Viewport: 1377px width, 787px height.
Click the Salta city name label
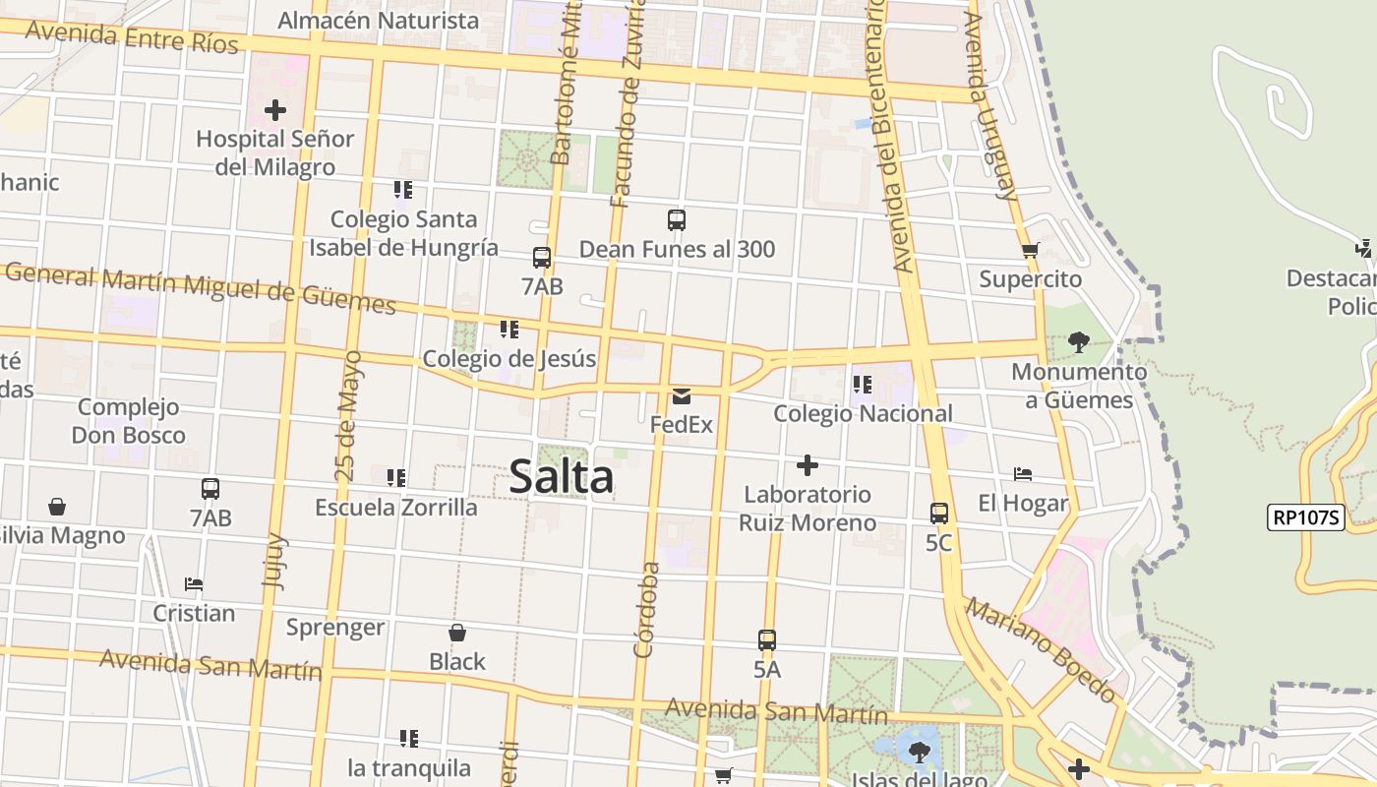562,478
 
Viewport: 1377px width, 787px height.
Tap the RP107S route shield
1305,517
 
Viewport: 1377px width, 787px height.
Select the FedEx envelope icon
681,396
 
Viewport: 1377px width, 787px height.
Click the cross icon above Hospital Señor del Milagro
275,110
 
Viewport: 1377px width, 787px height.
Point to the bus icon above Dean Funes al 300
676,220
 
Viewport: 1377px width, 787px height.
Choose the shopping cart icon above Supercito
1030,251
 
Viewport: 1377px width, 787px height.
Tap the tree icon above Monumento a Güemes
1078,342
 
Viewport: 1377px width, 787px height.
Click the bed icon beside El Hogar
1023,475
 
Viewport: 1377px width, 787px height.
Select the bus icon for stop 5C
938,514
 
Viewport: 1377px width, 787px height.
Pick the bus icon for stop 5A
767,640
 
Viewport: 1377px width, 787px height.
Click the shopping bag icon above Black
456,633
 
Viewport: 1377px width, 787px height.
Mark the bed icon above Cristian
194,584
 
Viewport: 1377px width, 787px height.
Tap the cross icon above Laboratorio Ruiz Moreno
808,464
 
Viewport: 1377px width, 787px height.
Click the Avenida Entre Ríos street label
132,36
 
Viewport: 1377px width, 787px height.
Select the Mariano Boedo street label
1042,649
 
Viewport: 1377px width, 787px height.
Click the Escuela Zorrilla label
395,508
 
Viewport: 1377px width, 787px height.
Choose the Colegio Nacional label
863,413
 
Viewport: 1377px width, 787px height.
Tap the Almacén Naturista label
379,20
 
